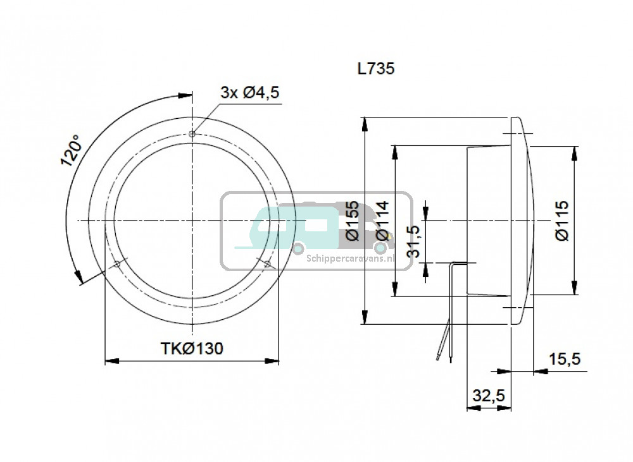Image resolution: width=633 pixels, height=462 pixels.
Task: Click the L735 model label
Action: (376, 68)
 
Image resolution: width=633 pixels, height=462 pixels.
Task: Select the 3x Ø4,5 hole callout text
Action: (250, 92)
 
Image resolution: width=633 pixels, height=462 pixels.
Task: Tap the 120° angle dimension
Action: (72, 150)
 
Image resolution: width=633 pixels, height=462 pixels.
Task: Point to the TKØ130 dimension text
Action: (192, 348)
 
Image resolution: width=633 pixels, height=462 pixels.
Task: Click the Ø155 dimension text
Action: (353, 221)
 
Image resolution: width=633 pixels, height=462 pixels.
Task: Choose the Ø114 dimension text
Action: (382, 221)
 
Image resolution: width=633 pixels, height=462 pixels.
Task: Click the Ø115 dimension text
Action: (562, 221)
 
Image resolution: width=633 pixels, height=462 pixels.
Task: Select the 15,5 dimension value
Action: (565, 358)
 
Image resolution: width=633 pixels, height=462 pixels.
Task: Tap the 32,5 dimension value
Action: (489, 396)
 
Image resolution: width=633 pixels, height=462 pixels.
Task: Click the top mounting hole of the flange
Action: (192, 134)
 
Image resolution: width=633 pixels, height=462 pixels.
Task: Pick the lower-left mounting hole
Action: (117, 264)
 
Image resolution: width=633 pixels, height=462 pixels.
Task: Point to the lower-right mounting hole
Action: (267, 264)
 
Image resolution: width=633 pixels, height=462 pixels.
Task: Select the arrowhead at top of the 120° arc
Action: (185, 95)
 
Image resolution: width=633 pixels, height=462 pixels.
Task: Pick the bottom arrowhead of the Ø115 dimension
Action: (574, 288)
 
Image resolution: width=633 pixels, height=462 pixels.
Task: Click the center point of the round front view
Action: (192, 221)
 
